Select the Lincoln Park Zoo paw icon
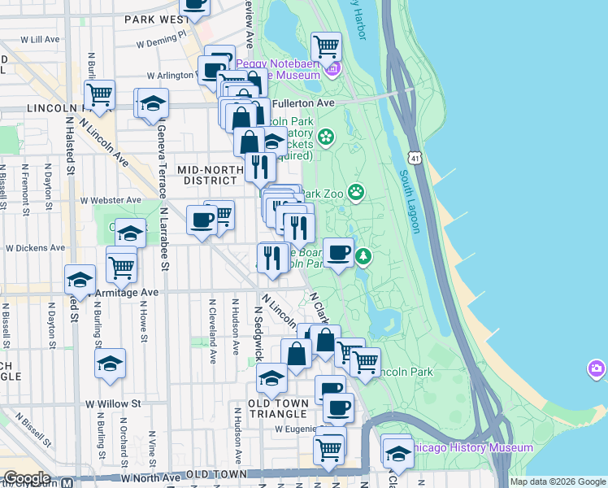356,192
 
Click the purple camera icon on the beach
597,370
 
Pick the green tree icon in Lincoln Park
365,258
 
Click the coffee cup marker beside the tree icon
338,252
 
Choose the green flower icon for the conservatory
326,136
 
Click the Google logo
27,478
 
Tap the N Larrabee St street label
164,238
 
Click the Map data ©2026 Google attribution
558,481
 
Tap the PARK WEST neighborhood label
156,19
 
